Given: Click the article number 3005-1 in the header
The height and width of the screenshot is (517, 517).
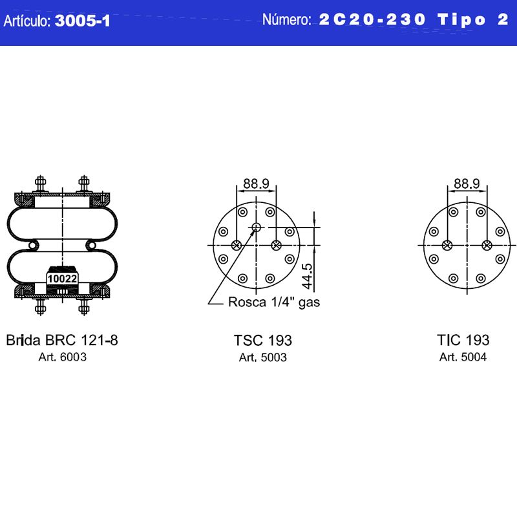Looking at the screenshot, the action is (x=83, y=21).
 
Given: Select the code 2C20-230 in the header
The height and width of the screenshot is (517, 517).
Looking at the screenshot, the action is (x=372, y=19).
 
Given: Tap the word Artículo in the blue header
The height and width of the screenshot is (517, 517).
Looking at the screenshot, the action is (x=26, y=21).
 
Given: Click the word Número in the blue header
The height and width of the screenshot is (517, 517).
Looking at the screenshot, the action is (x=286, y=20).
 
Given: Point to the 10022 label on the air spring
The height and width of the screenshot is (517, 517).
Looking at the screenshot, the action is (x=62, y=279).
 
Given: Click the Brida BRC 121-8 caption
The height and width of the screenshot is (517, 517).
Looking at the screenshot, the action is (x=62, y=341).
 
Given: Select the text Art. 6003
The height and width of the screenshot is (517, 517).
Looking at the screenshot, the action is (x=62, y=357).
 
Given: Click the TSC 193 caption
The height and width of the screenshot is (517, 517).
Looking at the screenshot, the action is (x=263, y=341).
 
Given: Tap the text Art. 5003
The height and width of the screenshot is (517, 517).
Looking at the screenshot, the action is (x=263, y=357).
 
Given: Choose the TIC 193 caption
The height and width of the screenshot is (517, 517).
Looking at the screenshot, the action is (x=463, y=341).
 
